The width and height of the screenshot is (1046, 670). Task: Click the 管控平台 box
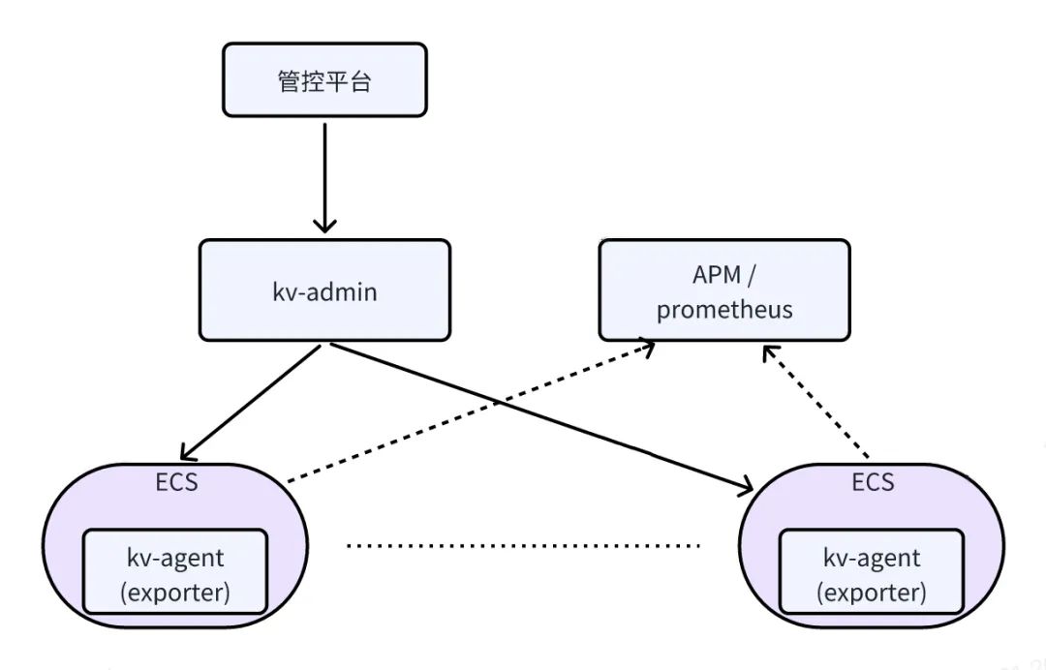324,80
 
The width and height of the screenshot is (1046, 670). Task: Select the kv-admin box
324,290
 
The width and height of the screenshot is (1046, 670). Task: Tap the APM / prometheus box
723,290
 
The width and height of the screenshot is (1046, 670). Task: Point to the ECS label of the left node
176,481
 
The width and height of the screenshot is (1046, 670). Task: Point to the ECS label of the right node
873,481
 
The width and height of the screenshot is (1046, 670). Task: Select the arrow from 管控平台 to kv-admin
324,174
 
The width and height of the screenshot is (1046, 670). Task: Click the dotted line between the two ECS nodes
523,546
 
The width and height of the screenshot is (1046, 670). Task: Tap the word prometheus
723,310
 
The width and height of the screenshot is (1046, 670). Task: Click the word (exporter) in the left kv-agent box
174,592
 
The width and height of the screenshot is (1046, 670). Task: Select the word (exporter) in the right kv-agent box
872,592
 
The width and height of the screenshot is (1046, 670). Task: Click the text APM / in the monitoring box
723,274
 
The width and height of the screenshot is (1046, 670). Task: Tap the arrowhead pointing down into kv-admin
324,225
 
